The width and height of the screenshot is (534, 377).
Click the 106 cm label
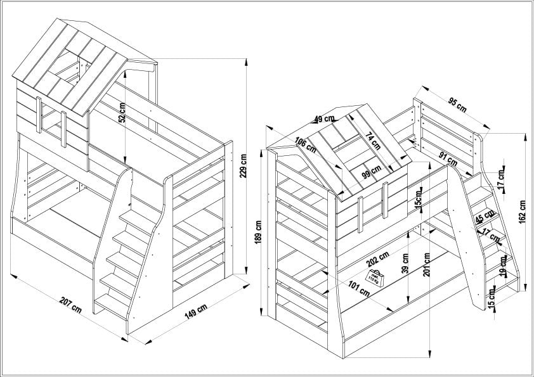coord(306,144)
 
